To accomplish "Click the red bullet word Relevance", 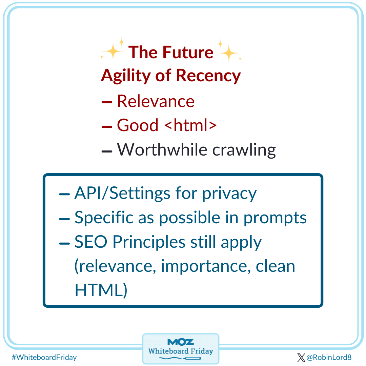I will (156, 101).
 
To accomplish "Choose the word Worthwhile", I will (162, 149).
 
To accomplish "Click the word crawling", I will (244, 150).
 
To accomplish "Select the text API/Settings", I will (122, 194).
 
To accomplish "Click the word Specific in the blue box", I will (104, 218).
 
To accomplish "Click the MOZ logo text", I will (181, 342).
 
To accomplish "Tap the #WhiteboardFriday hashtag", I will (44, 357).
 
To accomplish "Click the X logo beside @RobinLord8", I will (301, 357).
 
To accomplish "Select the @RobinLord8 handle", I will (329, 357).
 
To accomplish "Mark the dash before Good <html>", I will (107, 126).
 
